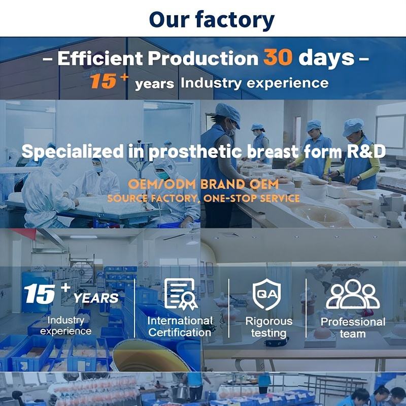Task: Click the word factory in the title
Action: point(234,20)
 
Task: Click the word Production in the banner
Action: point(204,58)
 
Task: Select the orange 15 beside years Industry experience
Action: point(103,81)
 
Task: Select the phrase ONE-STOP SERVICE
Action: point(251,198)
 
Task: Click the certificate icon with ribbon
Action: point(181,294)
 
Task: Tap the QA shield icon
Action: point(267,294)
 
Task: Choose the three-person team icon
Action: point(353,294)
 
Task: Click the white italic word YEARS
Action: point(96,298)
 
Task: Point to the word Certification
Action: point(180,333)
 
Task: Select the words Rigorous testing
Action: point(269,327)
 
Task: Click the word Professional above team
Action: point(353,322)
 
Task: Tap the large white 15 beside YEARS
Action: point(40,294)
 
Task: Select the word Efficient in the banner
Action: point(100,58)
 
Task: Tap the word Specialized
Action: point(73,152)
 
